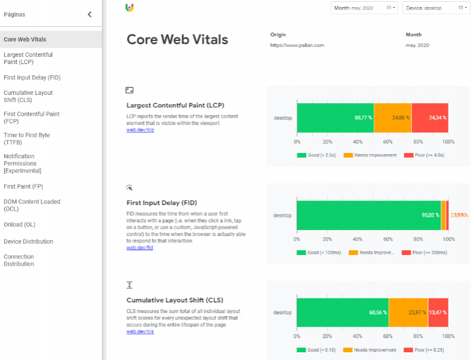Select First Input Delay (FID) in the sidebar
tap(32, 78)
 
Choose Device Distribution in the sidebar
tap(28, 241)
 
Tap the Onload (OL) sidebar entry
tap(20, 225)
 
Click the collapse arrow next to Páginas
tap(90, 14)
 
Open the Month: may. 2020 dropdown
tap(364, 8)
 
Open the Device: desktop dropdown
tap(435, 8)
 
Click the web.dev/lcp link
tap(140, 130)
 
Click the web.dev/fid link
tap(139, 248)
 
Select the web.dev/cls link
tap(140, 332)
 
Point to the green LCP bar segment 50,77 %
tap(335, 117)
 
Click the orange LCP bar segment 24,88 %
tap(392, 117)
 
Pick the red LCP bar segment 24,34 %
tap(430, 117)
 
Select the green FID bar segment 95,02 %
tap(368, 215)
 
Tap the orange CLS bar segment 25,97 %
tap(408, 312)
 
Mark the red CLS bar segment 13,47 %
tap(438, 312)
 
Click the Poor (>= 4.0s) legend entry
tap(424, 155)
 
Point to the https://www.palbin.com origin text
tap(297, 45)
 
